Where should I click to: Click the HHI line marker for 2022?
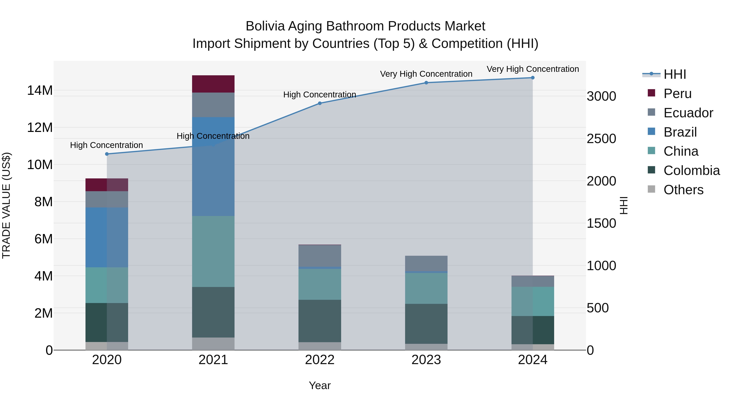coord(320,103)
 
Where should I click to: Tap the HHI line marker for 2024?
coord(533,78)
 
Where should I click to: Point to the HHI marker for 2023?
coord(426,83)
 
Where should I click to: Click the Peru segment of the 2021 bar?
coord(213,84)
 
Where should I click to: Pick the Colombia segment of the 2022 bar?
coord(320,321)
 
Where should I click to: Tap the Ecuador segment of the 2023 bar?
coord(426,263)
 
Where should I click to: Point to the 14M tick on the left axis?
coord(40,91)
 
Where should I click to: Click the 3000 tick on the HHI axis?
coord(601,96)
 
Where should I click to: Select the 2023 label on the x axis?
coord(426,360)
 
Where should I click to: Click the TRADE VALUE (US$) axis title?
coord(6,205)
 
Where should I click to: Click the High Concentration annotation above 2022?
coord(320,94)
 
